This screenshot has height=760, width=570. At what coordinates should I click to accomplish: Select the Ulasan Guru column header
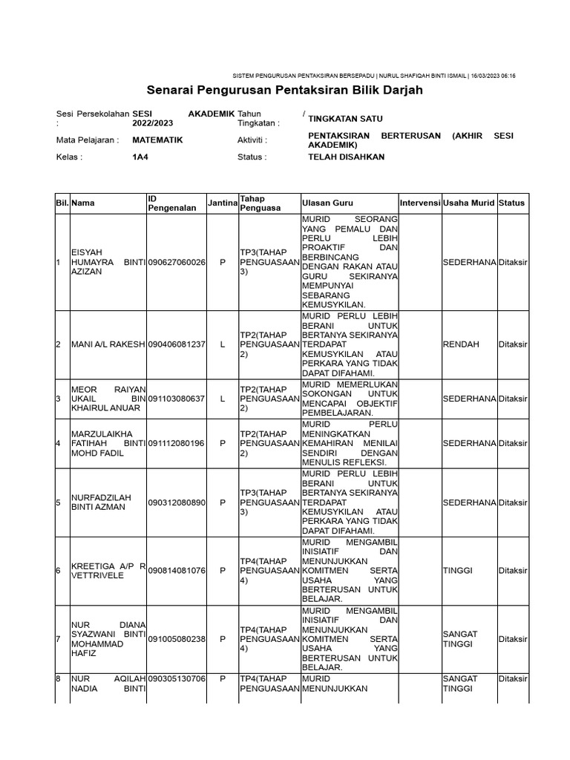[327, 203]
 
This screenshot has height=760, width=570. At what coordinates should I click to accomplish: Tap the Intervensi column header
[420, 203]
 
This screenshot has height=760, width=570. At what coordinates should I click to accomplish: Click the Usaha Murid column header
[469, 203]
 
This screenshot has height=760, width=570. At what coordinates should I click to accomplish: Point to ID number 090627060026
[177, 263]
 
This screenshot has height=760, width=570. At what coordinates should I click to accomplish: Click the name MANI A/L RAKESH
[108, 344]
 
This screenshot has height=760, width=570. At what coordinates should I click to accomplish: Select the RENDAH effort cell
[461, 344]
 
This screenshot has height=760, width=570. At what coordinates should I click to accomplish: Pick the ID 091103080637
[177, 399]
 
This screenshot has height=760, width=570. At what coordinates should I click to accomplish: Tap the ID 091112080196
[177, 443]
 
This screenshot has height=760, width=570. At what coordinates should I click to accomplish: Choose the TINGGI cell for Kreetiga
[458, 570]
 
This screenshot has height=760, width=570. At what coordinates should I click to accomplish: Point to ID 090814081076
[177, 570]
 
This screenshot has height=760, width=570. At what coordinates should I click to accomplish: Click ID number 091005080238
[177, 639]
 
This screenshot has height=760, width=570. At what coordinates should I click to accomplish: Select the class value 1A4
[140, 157]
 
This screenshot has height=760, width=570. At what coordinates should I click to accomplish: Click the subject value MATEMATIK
[157, 140]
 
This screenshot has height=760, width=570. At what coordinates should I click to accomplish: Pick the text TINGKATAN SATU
[346, 119]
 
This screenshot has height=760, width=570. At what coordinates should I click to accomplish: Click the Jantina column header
[222, 203]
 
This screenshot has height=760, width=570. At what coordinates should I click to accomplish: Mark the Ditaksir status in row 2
[514, 344]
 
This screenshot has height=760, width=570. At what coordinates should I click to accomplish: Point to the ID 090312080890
[177, 502]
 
